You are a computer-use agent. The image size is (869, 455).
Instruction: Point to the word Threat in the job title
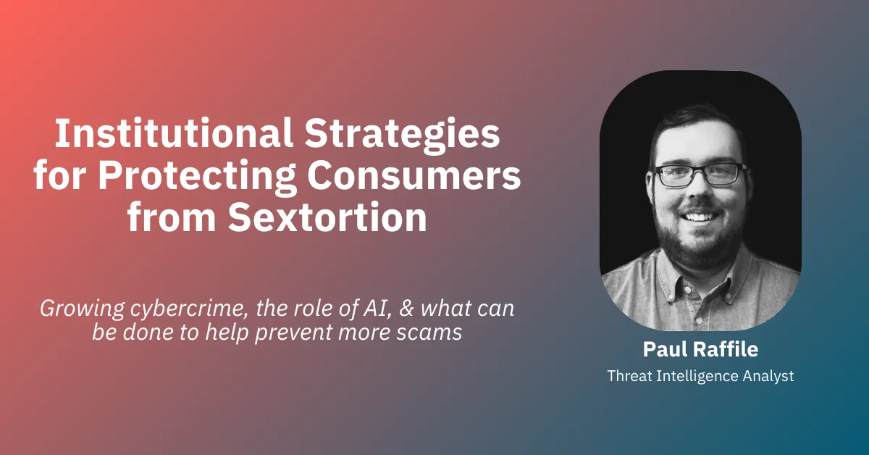click(629, 376)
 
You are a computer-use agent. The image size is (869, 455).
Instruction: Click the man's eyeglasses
click(699, 174)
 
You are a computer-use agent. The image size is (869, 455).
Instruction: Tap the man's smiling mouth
click(699, 216)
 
